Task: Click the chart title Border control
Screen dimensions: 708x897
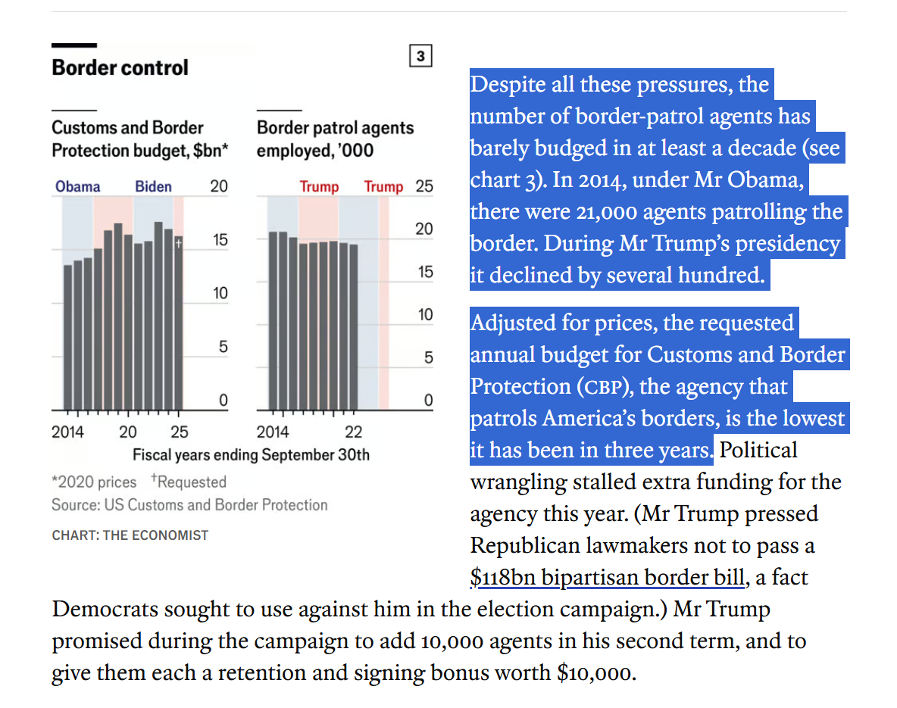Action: click(x=120, y=67)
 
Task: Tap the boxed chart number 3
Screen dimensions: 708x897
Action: click(x=420, y=56)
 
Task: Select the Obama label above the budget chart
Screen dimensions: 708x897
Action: click(x=77, y=186)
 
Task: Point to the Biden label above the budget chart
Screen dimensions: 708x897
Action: click(x=153, y=186)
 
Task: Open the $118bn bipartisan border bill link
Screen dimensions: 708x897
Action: click(x=608, y=578)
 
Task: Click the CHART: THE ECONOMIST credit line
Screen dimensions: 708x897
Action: click(x=130, y=535)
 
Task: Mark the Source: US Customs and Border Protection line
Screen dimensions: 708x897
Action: click(x=189, y=505)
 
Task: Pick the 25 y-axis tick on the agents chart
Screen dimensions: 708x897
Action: click(x=424, y=186)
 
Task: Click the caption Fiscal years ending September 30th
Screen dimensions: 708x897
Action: click(x=251, y=455)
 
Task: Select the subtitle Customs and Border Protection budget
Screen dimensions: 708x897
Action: click(x=139, y=139)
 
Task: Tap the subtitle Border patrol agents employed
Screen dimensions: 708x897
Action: click(x=335, y=139)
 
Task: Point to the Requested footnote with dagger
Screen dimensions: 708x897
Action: click(x=189, y=482)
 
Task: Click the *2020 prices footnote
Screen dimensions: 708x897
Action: click(x=94, y=482)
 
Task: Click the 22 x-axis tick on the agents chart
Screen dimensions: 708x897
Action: click(x=353, y=432)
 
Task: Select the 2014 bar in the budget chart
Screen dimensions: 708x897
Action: click(x=68, y=337)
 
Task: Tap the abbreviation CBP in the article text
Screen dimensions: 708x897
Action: click(x=603, y=387)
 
